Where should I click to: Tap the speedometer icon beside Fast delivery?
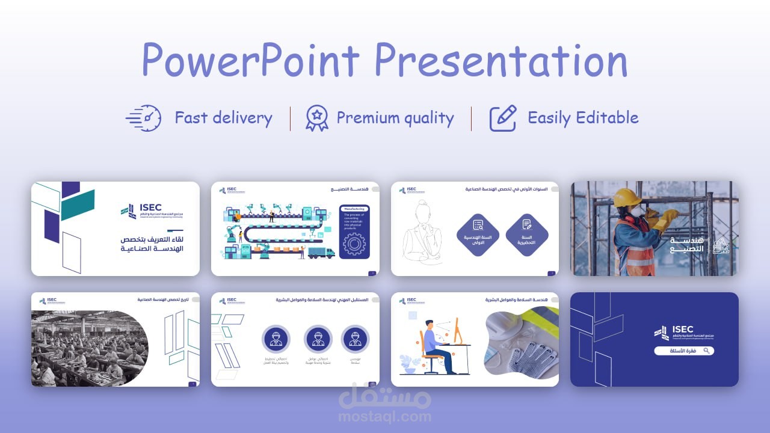coord(144,118)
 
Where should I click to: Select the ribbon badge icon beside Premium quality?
coord(316,118)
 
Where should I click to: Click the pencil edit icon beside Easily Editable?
coord(503,118)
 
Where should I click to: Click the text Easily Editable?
coord(582,118)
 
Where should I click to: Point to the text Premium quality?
coord(395,118)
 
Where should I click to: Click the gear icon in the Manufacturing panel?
coord(354,244)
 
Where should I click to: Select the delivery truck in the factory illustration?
coord(321,253)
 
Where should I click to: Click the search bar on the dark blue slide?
coord(684,351)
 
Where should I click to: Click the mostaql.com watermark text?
coord(385,416)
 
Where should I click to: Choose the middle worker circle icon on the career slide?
coord(318,339)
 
